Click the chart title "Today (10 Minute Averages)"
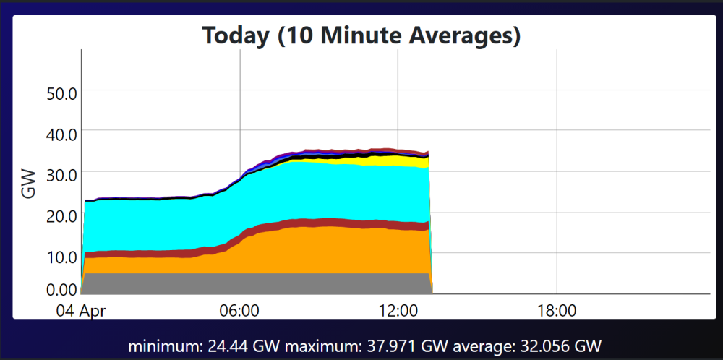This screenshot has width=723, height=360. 361,35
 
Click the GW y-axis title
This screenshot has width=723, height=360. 29,184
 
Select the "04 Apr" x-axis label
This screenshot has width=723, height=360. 81,311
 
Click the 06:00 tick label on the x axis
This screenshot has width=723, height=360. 240,311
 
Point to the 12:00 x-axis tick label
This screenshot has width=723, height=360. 398,311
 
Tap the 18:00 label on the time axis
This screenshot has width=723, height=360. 557,311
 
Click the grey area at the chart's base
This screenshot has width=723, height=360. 256,283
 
